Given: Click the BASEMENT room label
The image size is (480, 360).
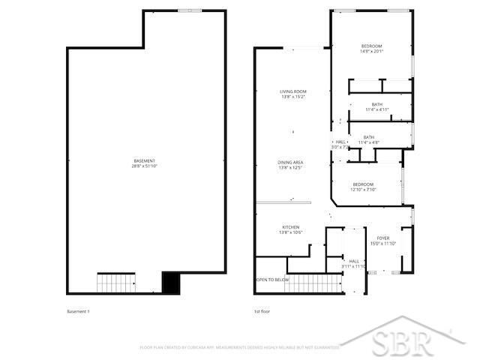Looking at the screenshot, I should click(144, 161).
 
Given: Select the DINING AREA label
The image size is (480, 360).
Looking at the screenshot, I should click(292, 163).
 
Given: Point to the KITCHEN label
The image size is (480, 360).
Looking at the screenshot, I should click(291, 227).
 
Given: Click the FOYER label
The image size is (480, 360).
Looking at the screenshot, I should click(382, 238).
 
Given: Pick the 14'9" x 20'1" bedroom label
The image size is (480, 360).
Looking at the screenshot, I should click(371, 46).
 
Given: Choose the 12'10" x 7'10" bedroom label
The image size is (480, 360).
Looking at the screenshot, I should click(363, 184).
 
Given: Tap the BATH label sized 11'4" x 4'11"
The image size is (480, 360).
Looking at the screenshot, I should click(376, 104).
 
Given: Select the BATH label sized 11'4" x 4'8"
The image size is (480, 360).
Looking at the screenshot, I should click(368, 137).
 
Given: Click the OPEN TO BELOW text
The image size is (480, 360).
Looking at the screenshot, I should click(272, 280).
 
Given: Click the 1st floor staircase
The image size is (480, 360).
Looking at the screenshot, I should click(313, 283).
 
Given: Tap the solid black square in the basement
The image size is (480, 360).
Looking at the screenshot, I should click(172, 282).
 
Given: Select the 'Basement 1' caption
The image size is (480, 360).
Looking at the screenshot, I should click(79, 311).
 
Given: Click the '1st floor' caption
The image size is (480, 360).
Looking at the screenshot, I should click(262, 311).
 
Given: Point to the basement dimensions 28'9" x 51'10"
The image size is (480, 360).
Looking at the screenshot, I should click(144, 166).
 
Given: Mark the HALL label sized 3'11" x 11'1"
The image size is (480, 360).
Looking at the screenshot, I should click(353, 263).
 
